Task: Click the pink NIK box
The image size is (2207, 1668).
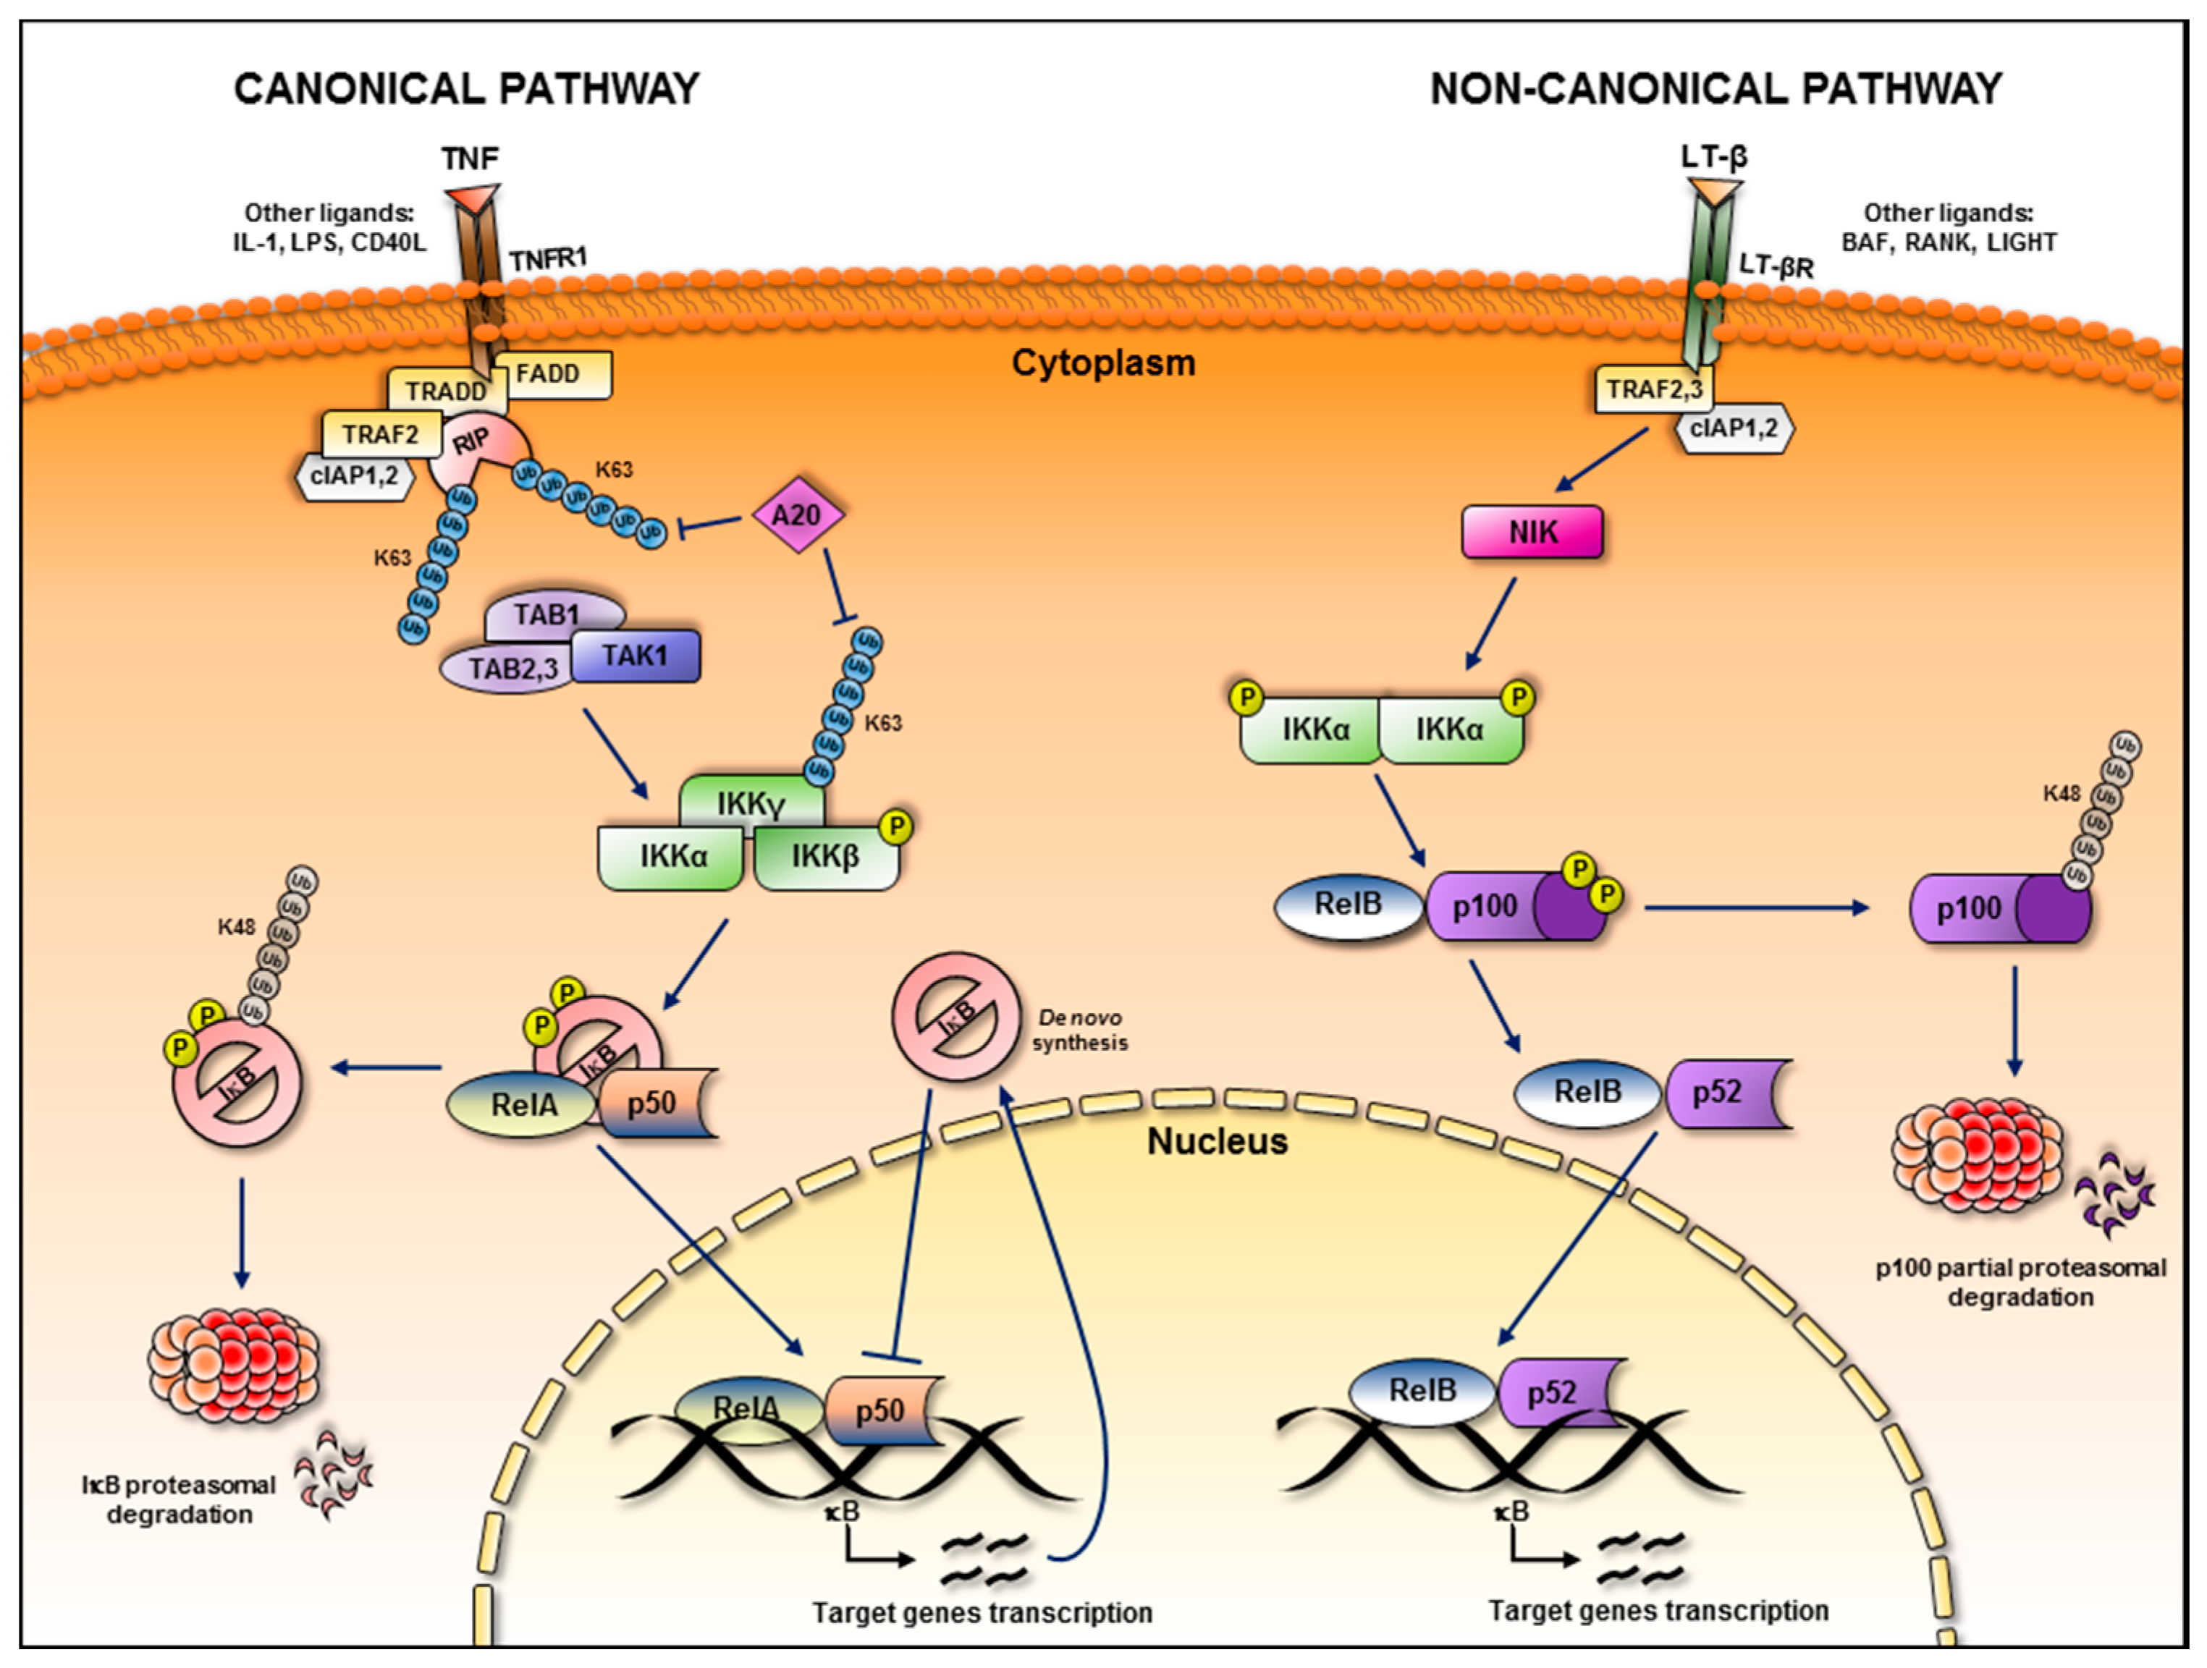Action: pos(1532,532)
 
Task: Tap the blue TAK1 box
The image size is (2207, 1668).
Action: pos(636,656)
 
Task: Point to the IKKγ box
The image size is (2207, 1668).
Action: pos(751,802)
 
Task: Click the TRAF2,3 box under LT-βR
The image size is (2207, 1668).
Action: pos(1653,389)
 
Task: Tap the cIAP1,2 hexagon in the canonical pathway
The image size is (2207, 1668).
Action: pos(354,476)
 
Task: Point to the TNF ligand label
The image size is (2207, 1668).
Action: pos(470,158)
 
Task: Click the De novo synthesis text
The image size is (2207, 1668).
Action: pos(1079,1030)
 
